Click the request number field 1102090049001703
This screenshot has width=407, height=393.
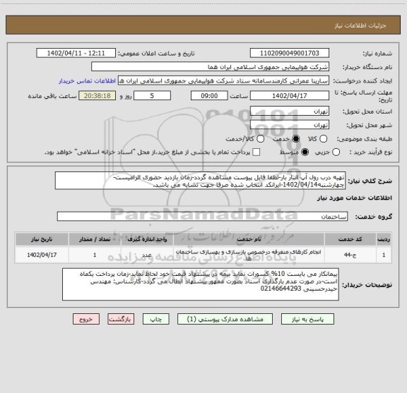[290, 53]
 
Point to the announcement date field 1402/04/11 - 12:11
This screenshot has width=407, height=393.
[88, 53]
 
